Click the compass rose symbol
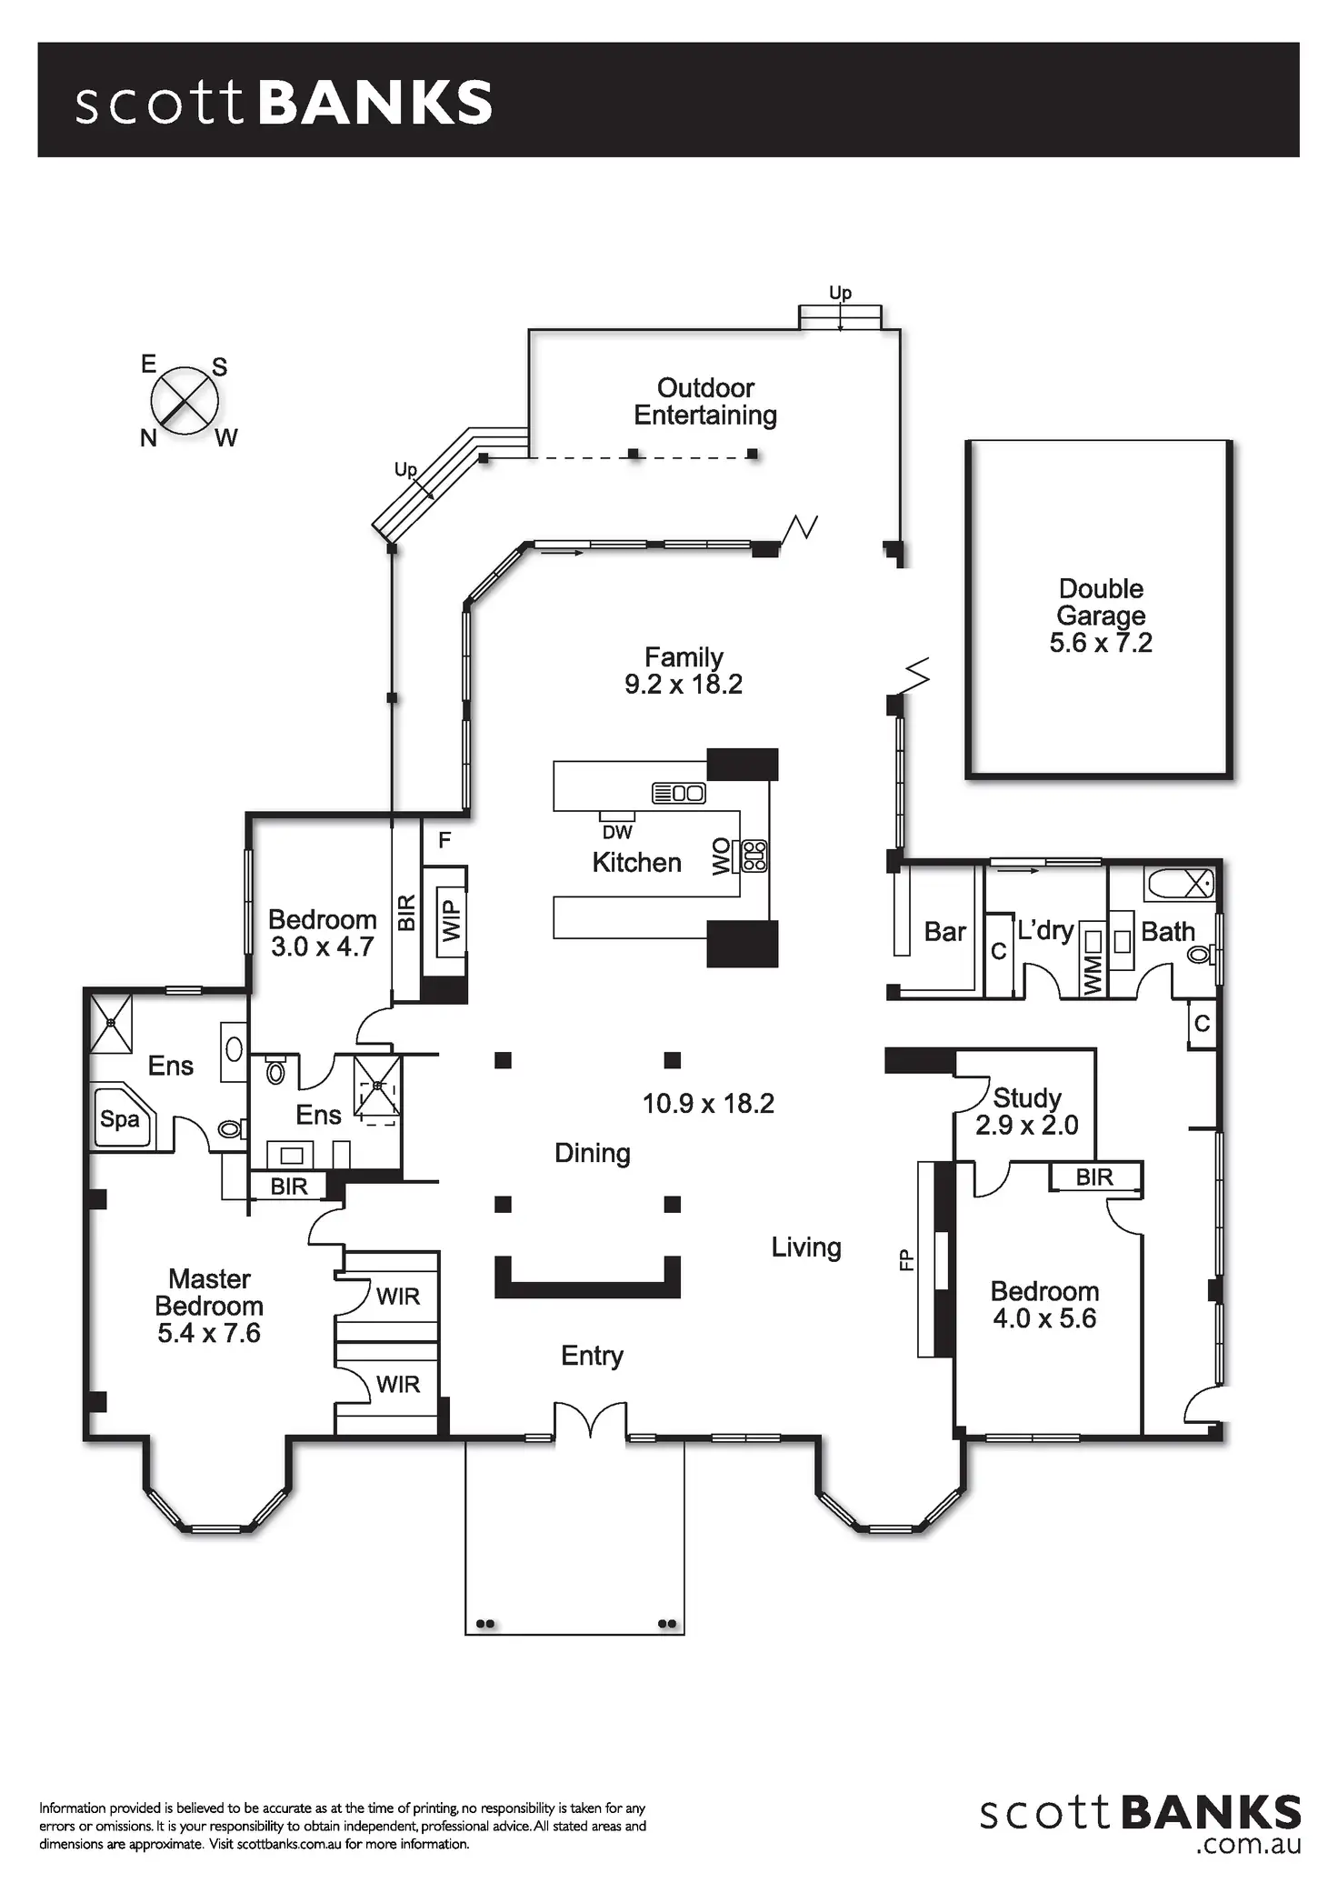(x=185, y=400)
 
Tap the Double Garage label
(x=1101, y=602)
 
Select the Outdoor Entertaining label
(x=705, y=402)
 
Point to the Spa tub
(x=121, y=1118)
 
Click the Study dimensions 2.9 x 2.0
(x=1026, y=1126)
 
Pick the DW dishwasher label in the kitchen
(x=617, y=832)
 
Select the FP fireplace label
(x=905, y=1258)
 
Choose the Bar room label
(x=944, y=932)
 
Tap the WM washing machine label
(x=1093, y=974)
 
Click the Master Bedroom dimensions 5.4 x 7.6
(x=209, y=1334)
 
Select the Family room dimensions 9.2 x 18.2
(x=684, y=685)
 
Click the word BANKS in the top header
(x=375, y=102)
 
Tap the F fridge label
(x=444, y=840)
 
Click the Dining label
(x=593, y=1153)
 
